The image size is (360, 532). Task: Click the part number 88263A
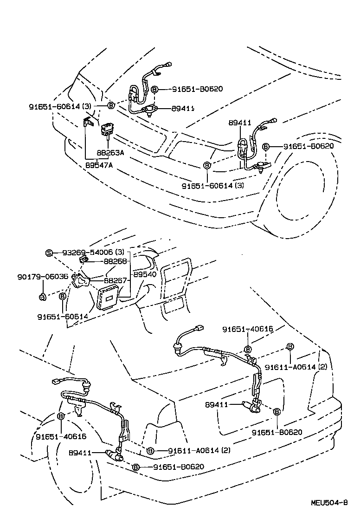pyautogui.click(x=110, y=153)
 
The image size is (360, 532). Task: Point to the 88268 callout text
pyautogui.click(x=116, y=261)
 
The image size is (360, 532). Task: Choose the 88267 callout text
pyautogui.click(x=116, y=280)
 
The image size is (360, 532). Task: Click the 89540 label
pyautogui.click(x=145, y=274)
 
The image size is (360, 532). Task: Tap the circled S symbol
pyautogui.click(x=49, y=253)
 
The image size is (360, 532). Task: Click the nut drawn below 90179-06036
pyautogui.click(x=42, y=296)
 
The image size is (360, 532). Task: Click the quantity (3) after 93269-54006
pyautogui.click(x=120, y=253)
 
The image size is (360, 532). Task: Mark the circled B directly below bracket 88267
pyautogui.click(x=63, y=296)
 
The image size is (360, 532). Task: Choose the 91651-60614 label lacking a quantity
pyautogui.click(x=63, y=317)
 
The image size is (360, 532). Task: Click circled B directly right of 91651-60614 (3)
pyautogui.click(x=111, y=106)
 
